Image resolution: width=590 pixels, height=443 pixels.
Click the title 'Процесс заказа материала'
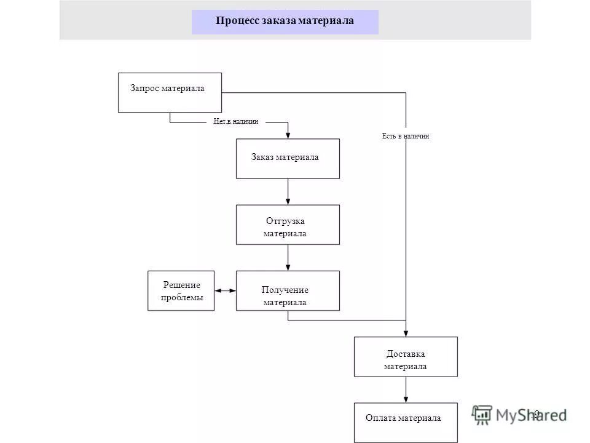(285, 21)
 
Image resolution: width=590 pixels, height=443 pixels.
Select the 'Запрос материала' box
(170, 92)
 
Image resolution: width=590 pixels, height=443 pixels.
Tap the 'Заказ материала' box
(288, 158)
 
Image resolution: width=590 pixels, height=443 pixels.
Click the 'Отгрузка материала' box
(288, 225)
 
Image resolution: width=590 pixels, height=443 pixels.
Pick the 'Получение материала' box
(288, 290)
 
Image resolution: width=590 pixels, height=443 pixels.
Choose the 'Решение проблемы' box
(181, 290)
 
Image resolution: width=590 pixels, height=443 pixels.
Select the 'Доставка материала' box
(406, 357)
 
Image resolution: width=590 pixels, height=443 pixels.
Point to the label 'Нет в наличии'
(236, 122)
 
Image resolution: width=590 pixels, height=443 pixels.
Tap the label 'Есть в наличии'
(406, 136)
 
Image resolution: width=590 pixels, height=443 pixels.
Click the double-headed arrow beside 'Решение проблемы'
(226, 290)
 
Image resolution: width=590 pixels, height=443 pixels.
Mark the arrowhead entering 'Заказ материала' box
(288, 135)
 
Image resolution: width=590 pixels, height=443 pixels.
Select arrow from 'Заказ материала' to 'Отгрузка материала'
(288, 191)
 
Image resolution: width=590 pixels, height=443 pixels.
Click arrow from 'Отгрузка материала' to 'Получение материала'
(288, 257)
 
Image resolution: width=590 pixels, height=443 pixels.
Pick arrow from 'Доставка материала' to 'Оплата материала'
(406, 389)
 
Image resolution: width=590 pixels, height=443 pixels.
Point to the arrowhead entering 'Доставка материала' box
(406, 333)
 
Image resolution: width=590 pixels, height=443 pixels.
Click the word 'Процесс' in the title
(237, 21)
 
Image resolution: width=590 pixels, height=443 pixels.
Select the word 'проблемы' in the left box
(181, 297)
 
